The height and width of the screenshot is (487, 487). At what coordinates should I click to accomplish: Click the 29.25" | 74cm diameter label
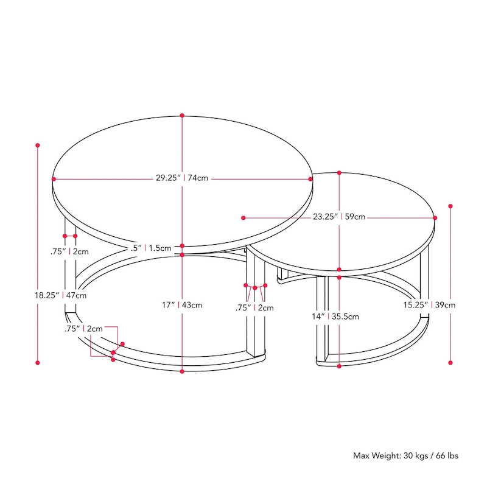[182, 178]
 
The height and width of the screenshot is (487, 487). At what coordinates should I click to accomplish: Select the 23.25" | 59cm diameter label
[339, 216]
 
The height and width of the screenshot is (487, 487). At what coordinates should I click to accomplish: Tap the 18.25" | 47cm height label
[60, 295]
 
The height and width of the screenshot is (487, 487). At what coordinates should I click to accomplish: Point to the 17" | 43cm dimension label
[182, 304]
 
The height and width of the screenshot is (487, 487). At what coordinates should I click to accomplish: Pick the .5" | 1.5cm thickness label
[150, 248]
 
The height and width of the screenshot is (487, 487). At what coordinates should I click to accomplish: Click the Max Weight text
[406, 455]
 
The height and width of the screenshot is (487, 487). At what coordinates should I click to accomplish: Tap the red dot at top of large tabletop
[182, 115]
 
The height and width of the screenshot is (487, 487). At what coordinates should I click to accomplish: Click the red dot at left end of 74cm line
[54, 179]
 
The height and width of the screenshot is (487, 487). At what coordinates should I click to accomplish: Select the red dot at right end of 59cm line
[435, 217]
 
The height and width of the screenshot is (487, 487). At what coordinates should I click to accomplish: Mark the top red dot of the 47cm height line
[38, 145]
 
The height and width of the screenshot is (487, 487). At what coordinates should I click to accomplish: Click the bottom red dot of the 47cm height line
[38, 362]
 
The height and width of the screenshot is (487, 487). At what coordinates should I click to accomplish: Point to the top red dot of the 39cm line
[450, 206]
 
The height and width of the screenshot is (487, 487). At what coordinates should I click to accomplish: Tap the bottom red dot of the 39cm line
[450, 362]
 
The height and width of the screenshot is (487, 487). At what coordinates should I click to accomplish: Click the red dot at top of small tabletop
[339, 173]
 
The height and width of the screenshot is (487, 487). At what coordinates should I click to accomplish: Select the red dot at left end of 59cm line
[243, 217]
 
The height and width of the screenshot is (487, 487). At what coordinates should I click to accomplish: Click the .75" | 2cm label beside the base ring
[85, 329]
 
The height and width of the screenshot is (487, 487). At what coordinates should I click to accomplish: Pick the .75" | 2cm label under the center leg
[254, 307]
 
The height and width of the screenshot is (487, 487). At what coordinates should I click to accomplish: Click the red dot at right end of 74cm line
[310, 179]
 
